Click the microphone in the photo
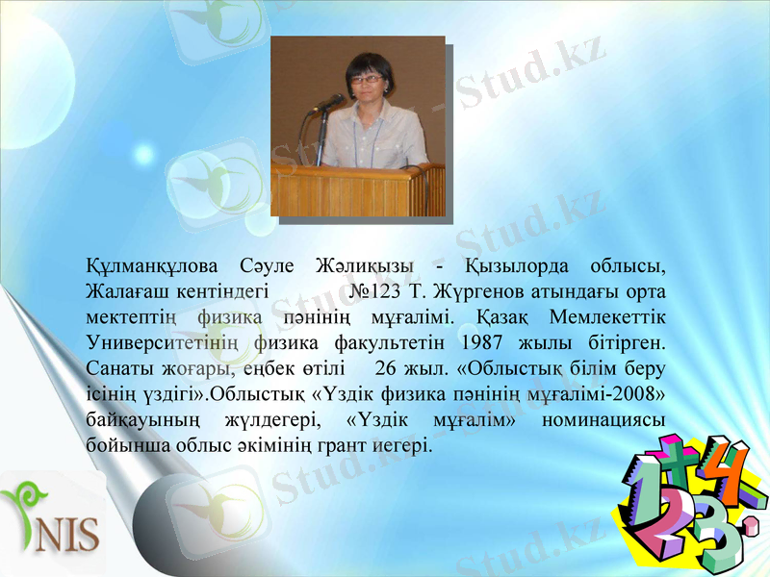329,102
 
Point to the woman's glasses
366,80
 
